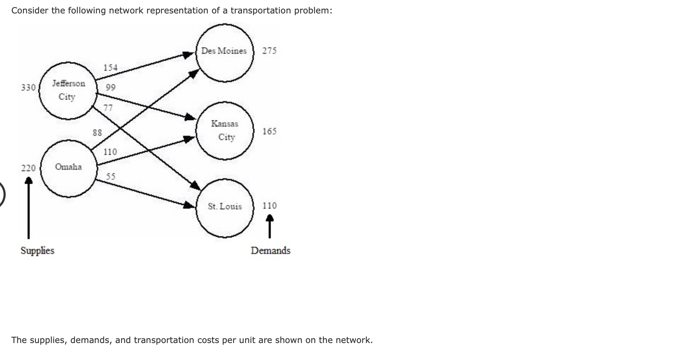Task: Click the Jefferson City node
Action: point(68,91)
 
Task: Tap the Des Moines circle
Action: point(224,52)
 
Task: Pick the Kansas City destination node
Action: point(225,130)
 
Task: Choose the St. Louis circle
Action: point(225,207)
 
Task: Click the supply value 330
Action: point(28,87)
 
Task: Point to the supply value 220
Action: point(28,168)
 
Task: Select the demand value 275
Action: point(269,51)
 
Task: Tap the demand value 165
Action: point(269,132)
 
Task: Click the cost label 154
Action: point(110,68)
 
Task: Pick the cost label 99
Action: point(111,87)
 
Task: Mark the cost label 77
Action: point(108,108)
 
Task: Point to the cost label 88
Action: point(97,133)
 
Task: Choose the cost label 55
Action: point(111,176)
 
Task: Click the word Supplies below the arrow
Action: point(37,251)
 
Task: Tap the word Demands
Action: point(270,251)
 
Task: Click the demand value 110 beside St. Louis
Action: point(269,206)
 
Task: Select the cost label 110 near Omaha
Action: point(110,152)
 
